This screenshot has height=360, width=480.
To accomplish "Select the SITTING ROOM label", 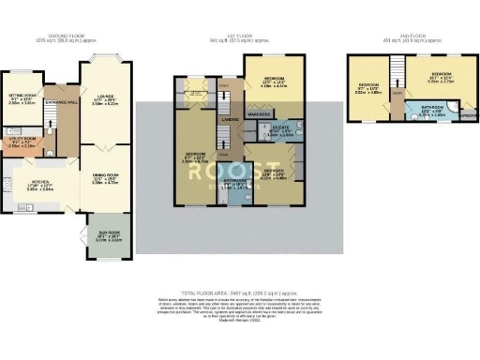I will point(22,97).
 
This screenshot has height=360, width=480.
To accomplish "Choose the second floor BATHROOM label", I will point(431,112).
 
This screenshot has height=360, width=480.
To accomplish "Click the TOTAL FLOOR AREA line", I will point(240,293).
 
